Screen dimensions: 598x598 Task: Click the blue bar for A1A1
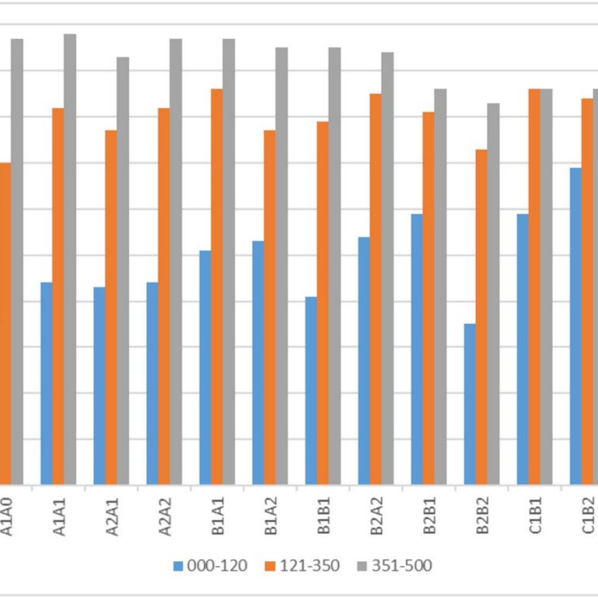(46, 383)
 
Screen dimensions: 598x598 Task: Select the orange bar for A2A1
(111, 307)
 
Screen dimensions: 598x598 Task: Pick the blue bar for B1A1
(205, 367)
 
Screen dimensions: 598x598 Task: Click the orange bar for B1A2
(270, 307)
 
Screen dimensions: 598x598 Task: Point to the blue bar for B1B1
(311, 391)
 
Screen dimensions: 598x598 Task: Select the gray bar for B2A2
(388, 268)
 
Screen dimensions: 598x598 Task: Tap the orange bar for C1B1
(534, 287)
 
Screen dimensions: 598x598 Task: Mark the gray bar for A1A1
(70, 259)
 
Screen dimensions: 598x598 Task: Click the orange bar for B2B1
(429, 298)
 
